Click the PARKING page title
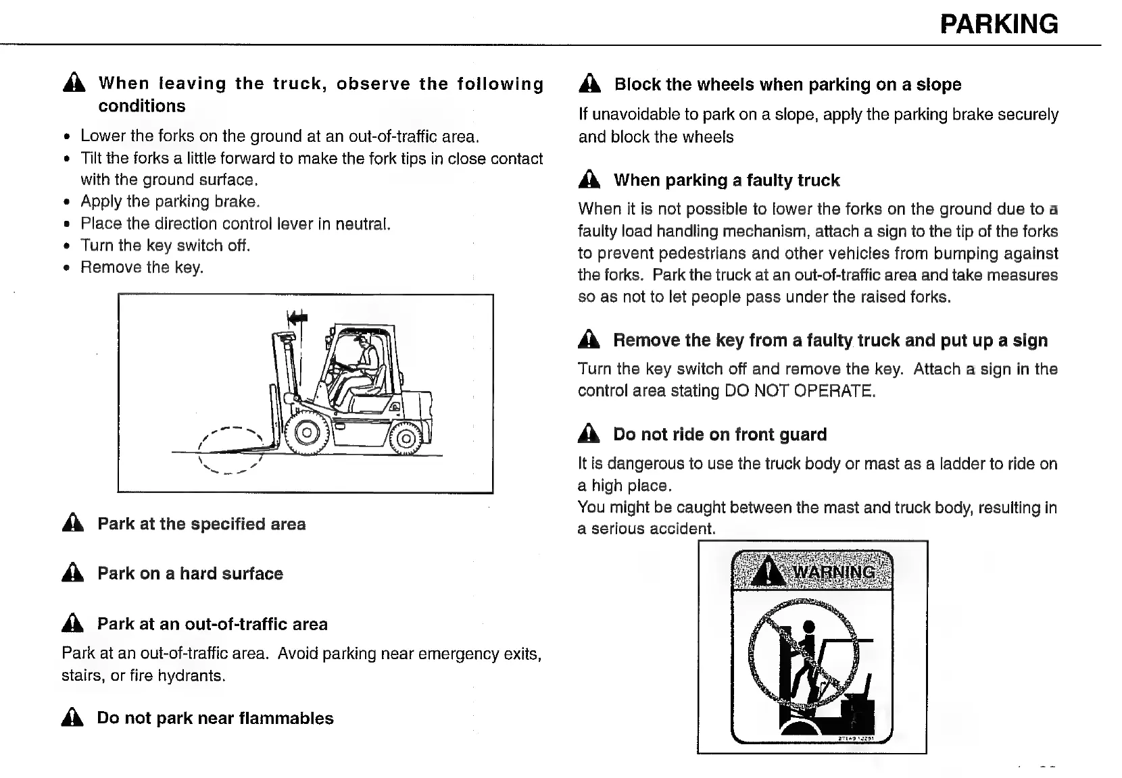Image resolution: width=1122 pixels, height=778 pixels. pos(998,24)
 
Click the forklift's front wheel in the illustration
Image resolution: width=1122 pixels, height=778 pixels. pos(306,432)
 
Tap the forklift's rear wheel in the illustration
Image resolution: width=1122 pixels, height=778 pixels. pos(406,439)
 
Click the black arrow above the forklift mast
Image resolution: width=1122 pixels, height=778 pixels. pos(297,317)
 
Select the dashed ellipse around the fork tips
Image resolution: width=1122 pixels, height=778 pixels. pos(229,450)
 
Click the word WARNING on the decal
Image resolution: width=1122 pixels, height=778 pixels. pos(833,573)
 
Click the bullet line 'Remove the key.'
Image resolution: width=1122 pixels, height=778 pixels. pos(142,267)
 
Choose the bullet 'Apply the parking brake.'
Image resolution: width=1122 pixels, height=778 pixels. pos(170,201)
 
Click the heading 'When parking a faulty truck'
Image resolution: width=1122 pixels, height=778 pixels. pos(727,180)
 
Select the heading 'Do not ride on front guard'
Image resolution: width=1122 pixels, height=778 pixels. pos(720,434)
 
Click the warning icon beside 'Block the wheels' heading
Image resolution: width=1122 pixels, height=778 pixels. pos(589,84)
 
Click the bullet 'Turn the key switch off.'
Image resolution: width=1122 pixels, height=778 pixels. pos(165,245)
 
